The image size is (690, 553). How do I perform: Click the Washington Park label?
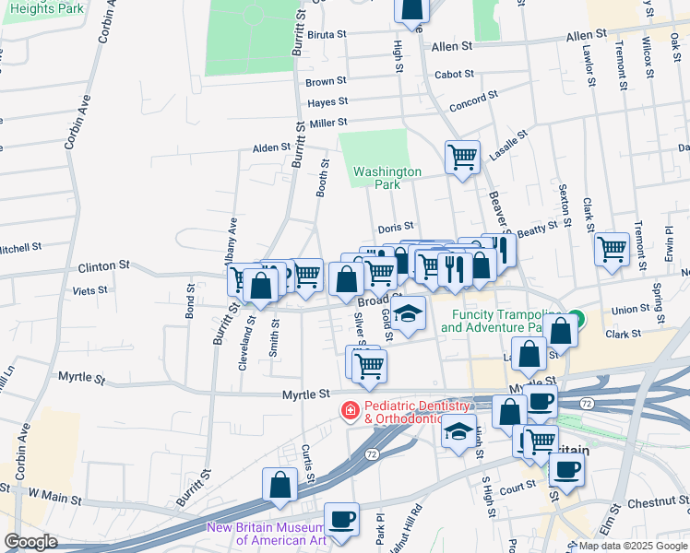coord(387,178)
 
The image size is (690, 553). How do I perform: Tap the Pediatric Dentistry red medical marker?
coord(351,411)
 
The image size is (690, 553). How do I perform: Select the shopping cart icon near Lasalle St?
coord(462,156)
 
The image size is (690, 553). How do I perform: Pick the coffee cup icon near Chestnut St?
coord(566,469)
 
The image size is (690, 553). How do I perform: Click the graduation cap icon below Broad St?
coord(408,313)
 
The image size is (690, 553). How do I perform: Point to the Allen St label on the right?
coord(587,35)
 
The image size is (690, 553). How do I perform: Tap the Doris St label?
coord(395,226)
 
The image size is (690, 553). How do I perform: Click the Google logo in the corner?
coord(30,542)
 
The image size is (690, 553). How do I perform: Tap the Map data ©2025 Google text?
coord(632,546)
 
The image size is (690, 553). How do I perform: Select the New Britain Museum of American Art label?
coord(267,534)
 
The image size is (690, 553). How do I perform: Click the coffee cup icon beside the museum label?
coord(342,519)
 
